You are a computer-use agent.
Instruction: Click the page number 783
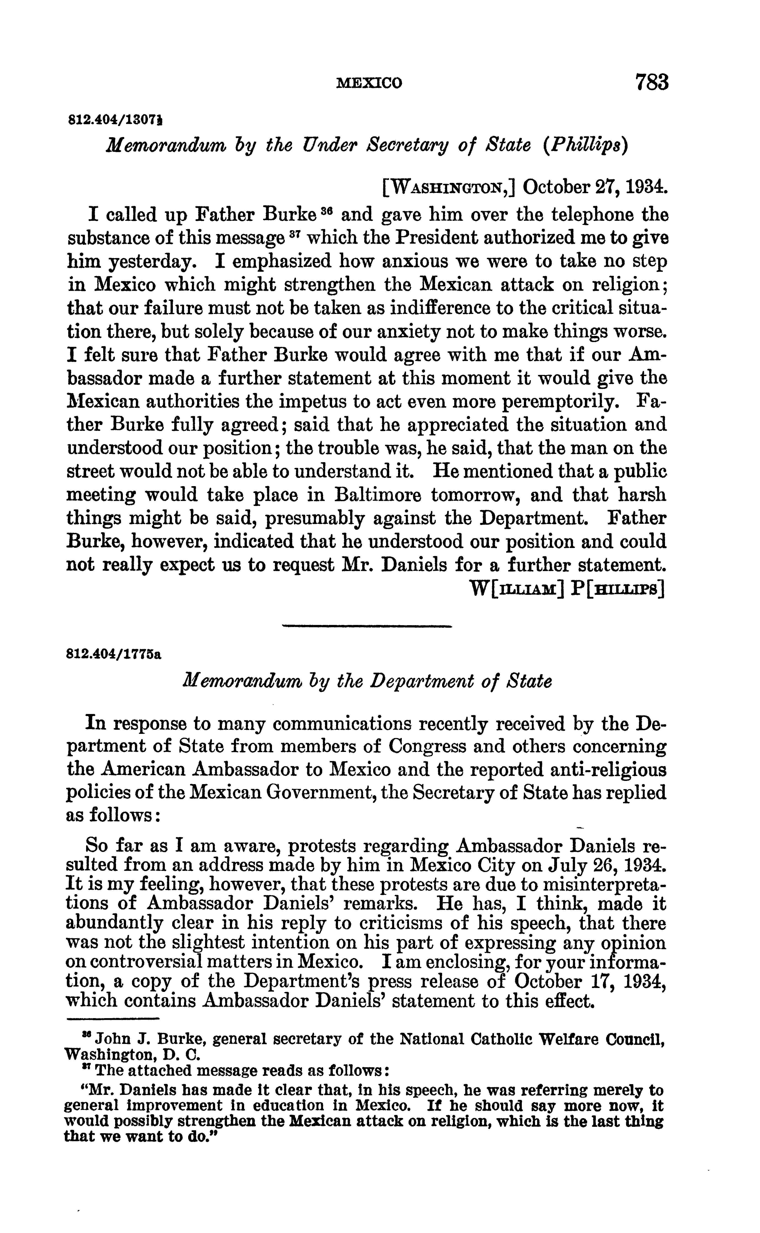click(x=652, y=81)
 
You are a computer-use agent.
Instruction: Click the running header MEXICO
click(x=369, y=83)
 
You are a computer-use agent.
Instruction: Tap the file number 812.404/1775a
click(x=113, y=655)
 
